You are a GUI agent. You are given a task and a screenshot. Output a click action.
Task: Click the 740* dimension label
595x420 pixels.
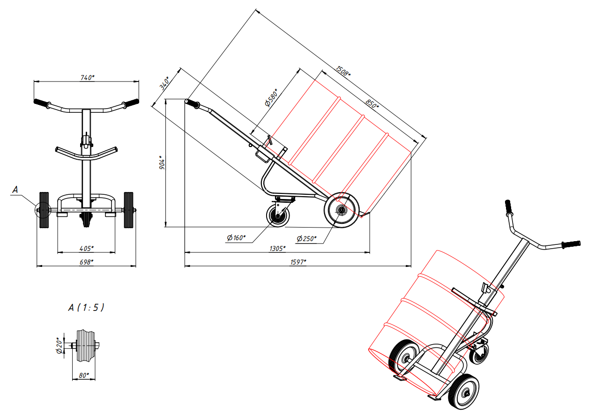tap(88, 78)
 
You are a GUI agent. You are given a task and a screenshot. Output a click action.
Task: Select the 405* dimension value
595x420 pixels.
tap(86, 249)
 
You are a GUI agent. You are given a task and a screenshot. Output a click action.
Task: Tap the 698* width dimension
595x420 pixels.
tap(86, 262)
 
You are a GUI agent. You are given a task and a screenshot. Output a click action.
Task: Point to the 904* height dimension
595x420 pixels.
tap(162, 163)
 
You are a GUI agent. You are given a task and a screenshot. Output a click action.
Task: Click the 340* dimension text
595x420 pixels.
tap(164, 83)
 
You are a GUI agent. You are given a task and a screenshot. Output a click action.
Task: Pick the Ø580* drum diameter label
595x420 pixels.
tap(271, 98)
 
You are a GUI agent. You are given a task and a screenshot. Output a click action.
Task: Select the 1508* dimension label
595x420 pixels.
tap(342, 71)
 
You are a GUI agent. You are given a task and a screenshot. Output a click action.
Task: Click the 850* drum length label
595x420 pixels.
tap(372, 104)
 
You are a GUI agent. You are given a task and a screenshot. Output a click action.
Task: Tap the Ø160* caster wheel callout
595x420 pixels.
tap(236, 237)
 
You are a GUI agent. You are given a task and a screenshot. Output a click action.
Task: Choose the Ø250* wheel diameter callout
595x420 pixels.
tap(306, 238)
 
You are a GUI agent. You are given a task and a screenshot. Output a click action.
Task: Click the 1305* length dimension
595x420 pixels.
tap(277, 249)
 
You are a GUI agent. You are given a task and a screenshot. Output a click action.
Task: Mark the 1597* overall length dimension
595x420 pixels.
tap(298, 262)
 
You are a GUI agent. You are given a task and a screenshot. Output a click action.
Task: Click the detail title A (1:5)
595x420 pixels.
tap(86, 308)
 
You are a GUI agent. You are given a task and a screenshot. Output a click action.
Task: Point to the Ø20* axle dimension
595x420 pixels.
tap(59, 346)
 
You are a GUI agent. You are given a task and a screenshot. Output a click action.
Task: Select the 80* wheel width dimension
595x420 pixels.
tap(84, 375)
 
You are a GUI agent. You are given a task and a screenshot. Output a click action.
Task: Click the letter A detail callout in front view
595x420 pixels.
tap(15, 190)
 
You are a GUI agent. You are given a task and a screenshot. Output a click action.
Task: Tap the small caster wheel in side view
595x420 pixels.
tap(278, 216)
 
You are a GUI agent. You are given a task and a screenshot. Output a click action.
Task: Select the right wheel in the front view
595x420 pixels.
tap(128, 210)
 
